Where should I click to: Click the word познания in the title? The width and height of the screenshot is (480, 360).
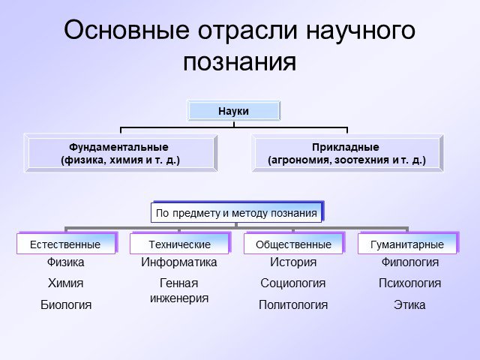(x=240, y=63)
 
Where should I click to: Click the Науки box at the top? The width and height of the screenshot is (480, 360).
(x=233, y=111)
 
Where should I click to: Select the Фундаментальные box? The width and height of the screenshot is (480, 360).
(x=121, y=153)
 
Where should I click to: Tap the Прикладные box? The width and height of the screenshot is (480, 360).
(x=347, y=153)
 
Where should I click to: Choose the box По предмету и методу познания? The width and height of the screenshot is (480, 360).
(x=236, y=212)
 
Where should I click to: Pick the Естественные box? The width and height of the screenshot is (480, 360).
(x=66, y=244)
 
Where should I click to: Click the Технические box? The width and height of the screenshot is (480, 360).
(x=180, y=244)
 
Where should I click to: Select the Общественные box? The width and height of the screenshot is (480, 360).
(x=293, y=244)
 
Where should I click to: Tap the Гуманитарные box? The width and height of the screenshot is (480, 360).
(x=407, y=244)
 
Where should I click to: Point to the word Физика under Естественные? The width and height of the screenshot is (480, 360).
(x=65, y=262)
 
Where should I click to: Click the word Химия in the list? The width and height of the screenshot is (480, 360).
(x=65, y=283)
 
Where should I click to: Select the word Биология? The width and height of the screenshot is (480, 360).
(x=66, y=305)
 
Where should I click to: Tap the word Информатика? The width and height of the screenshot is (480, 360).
(x=179, y=262)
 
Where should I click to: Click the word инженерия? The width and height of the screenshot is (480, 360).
(x=179, y=298)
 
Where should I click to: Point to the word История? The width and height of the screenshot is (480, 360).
(x=293, y=262)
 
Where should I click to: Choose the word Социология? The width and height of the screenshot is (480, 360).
(x=293, y=283)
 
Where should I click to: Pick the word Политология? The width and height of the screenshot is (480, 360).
(x=293, y=305)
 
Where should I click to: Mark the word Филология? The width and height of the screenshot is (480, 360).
(x=410, y=262)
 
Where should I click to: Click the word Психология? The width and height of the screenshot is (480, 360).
(x=410, y=283)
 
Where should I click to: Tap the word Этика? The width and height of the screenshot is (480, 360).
(x=409, y=305)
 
